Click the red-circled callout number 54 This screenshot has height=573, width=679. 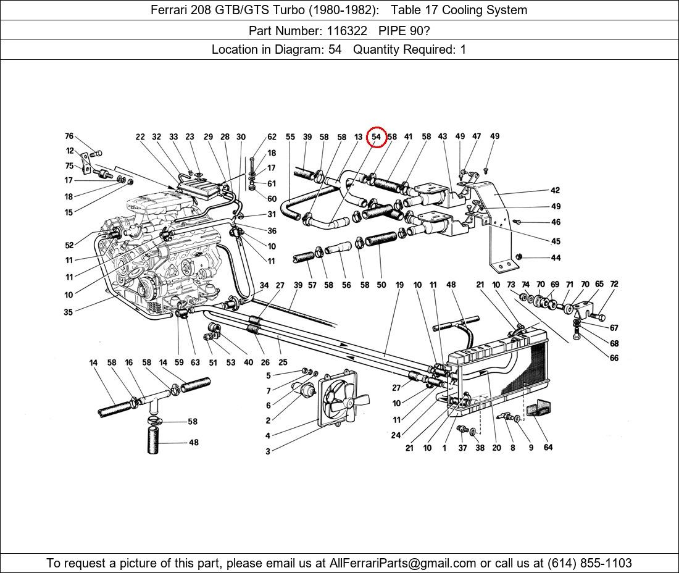[376, 137]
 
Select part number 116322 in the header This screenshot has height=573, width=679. [348, 30]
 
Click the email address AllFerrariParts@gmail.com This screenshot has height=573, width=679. [403, 563]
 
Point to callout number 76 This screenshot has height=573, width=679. [69, 136]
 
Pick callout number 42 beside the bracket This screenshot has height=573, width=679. [556, 191]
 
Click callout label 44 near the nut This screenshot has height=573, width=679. [556, 258]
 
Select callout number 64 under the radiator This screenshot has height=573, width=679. [548, 448]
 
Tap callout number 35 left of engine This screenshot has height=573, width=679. [68, 312]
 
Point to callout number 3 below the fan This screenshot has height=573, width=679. [268, 451]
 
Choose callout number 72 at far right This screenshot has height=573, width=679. [614, 285]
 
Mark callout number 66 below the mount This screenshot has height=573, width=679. [614, 358]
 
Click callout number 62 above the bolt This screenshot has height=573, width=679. [272, 137]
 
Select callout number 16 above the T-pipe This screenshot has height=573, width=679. [129, 363]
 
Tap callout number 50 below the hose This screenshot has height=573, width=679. [381, 285]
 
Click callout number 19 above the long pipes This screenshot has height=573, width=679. [399, 285]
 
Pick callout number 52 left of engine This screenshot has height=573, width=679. [69, 246]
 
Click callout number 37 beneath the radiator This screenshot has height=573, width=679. [462, 448]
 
